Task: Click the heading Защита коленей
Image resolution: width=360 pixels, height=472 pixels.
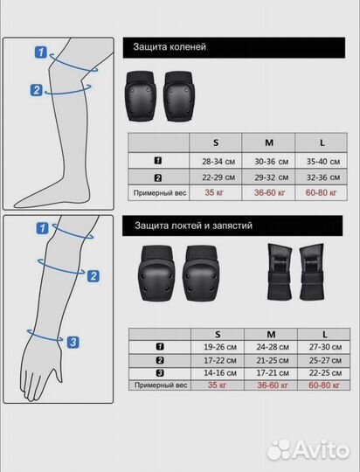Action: coord(170,47)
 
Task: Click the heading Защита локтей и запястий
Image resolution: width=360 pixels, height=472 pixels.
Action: coord(193,226)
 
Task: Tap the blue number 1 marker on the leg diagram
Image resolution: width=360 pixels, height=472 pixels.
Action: coord(41,52)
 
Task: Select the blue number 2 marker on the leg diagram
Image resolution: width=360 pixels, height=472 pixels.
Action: coord(37,90)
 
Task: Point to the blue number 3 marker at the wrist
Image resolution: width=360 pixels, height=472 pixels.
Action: coord(73,343)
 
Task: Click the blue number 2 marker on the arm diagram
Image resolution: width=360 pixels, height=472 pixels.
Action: coord(93,276)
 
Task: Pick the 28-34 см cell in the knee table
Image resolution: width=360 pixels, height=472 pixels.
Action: coord(218,162)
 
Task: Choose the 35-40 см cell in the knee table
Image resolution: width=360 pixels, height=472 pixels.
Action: coord(323,162)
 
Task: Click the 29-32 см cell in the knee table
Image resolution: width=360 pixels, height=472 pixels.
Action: coord(271,177)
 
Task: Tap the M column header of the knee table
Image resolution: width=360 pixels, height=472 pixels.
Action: coord(269,142)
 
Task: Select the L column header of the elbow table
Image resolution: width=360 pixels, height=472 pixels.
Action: coord(324,335)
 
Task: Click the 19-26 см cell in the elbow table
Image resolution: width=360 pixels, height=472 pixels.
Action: coord(220,347)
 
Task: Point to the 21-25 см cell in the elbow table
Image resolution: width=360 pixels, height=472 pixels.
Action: coord(273,360)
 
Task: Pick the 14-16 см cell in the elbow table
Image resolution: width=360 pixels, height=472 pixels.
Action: coord(220,373)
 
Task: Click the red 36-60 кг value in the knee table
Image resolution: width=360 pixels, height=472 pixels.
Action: coord(269,192)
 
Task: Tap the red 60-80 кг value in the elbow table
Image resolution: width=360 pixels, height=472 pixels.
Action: coord(324,385)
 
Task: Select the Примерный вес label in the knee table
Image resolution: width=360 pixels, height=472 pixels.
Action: coord(160,193)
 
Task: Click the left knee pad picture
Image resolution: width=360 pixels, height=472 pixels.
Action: coord(141,96)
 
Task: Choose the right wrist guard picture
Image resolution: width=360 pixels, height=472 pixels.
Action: coord(312,272)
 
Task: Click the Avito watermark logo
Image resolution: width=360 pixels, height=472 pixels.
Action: coord(308,450)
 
